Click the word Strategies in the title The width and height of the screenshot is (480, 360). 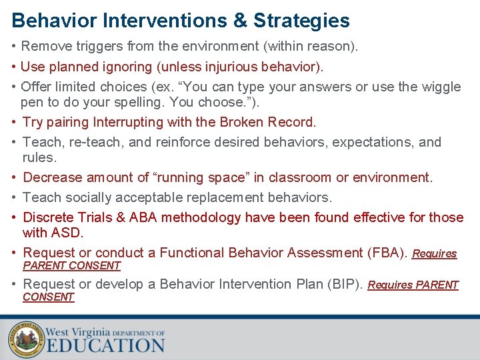[x=301, y=21]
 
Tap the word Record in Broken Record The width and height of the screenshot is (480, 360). [x=291, y=122]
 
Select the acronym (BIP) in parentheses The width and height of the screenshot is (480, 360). [x=343, y=284]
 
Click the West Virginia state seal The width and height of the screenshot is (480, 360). [x=25, y=340]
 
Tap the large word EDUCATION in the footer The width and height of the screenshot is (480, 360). [x=105, y=345]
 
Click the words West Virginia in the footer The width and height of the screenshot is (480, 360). [x=77, y=331]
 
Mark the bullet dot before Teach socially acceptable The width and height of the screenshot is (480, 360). [x=15, y=197]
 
